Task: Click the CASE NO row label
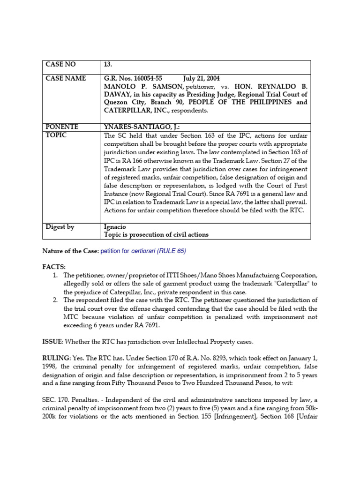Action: click(60, 64)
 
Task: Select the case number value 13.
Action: click(107, 64)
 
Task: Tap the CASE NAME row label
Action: click(66, 78)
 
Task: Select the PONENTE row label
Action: click(62, 127)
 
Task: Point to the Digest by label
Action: click(60, 227)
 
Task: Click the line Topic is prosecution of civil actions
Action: click(156, 234)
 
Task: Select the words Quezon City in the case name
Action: click(124, 103)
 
